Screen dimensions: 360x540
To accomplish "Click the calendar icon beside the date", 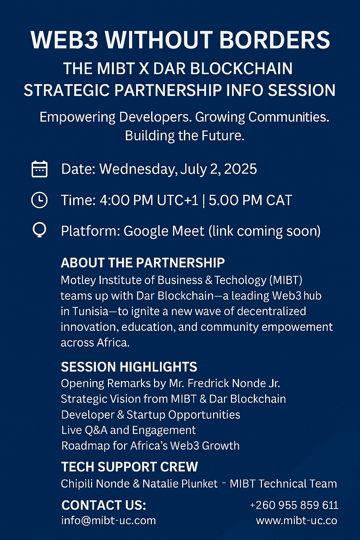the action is (39, 169).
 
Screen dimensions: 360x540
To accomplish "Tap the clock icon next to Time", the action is (39, 200).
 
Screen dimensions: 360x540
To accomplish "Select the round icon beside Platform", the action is (39, 230).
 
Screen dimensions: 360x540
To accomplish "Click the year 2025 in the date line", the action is (240, 169).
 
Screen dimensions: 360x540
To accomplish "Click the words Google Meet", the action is (164, 231).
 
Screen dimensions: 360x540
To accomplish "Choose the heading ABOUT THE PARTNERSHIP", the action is (143, 263).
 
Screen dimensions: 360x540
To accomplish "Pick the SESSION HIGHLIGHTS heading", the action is (129, 367).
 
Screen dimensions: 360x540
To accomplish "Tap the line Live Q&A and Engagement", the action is (129, 430).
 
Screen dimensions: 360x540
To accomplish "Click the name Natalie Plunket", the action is (180, 484).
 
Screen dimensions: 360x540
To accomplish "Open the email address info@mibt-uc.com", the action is (109, 520).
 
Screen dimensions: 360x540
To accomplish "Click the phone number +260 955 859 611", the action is (294, 505).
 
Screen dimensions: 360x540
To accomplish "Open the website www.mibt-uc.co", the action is (297, 521).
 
